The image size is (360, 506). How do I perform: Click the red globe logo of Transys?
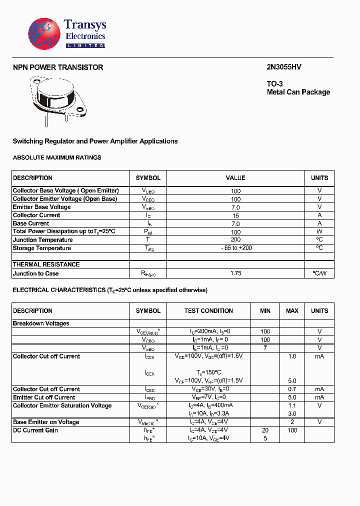coord(44,34)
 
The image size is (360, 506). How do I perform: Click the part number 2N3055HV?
coord(284,67)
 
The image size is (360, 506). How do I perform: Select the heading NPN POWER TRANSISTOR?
coord(58,67)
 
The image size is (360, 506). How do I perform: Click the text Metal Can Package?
coord(298,92)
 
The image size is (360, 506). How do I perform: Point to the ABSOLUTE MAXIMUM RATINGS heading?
coord(57,157)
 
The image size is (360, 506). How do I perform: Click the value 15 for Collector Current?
coord(235,215)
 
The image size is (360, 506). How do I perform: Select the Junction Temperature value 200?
coord(235,240)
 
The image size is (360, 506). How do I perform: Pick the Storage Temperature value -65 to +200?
coord(235,248)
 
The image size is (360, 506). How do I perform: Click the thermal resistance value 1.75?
coord(235,273)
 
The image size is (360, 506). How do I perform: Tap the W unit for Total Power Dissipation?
coord(319,232)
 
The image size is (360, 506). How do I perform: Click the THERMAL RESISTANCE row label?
coord(46,264)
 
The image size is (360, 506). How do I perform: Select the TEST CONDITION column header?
coord(208,310)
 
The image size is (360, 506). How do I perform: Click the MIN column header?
coord(265,310)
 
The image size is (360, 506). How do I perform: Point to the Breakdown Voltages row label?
coord(41,323)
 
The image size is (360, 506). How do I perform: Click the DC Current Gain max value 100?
coord(292,430)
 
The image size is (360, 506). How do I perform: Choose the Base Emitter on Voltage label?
coord(46,422)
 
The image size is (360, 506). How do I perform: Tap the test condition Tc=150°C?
coord(208,372)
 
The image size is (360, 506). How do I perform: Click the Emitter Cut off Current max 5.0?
coord(292,397)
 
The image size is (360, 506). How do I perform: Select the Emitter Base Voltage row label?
coord(41,207)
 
